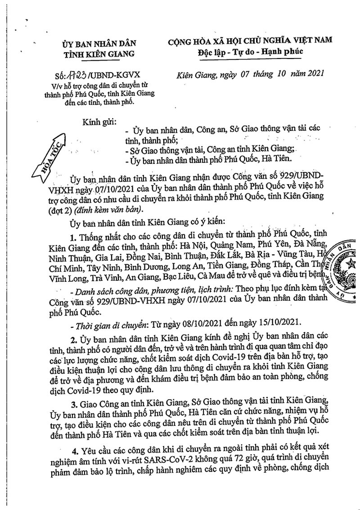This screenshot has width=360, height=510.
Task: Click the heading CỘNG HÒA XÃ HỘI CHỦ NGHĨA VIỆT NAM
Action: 250,41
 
